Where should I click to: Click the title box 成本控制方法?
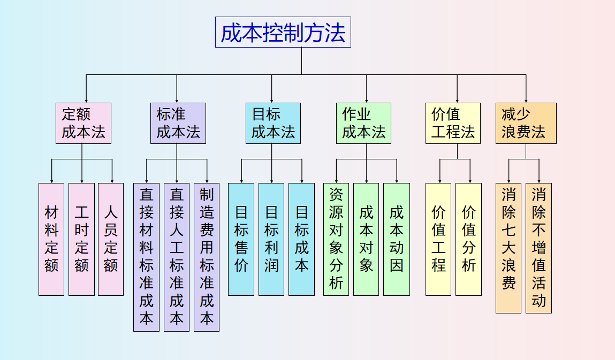(283, 32)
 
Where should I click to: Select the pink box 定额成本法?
(83, 123)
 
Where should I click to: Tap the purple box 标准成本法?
(178, 123)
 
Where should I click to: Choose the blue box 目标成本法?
(273, 123)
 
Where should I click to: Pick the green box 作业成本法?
(363, 123)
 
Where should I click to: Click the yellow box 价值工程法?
(453, 123)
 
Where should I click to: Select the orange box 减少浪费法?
(526, 123)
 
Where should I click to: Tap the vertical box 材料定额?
(51, 239)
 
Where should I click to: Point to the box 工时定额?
(81, 239)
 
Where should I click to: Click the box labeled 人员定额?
(111, 239)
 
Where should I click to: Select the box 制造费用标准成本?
(207, 257)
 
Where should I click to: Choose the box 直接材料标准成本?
(146, 257)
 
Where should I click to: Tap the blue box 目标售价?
(241, 239)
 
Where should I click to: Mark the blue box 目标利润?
(271, 239)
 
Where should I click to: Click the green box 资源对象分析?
(336, 239)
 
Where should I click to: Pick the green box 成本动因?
(397, 239)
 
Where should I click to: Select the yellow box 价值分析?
(468, 239)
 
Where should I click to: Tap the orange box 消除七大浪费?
(508, 248)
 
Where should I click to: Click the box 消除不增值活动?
(538, 248)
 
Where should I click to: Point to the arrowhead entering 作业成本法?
(367, 100)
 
